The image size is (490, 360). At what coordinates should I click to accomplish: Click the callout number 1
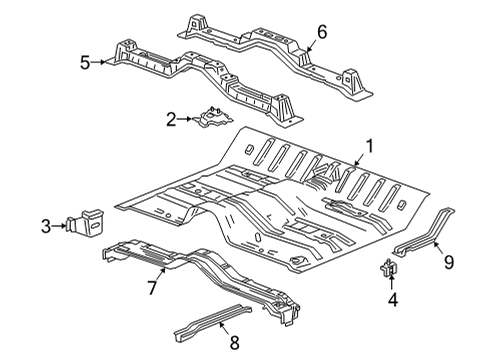click(x=370, y=146)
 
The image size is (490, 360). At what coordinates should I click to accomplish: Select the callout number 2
click(x=171, y=120)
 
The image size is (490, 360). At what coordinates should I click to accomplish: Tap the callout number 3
click(x=46, y=228)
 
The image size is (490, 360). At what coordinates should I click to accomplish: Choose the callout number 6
click(x=322, y=32)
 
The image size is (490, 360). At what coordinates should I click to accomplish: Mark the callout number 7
click(x=153, y=288)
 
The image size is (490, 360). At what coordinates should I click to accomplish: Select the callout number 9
click(x=448, y=263)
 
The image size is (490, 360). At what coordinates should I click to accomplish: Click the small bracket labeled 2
click(x=213, y=120)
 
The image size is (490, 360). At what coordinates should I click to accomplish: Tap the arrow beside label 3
click(x=59, y=228)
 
